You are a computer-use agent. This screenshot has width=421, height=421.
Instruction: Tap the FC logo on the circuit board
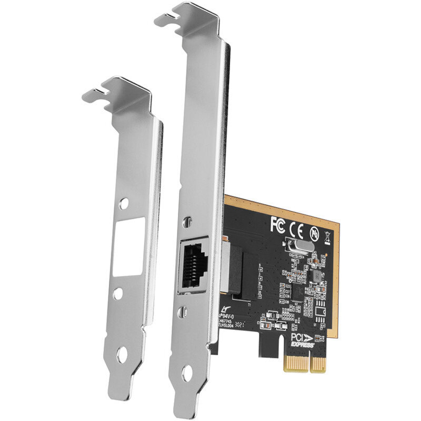coord(277,224)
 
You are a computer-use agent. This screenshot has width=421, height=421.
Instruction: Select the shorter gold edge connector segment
coord(318,363)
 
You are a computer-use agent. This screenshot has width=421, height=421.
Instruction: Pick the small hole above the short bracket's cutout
coord(125,203)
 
